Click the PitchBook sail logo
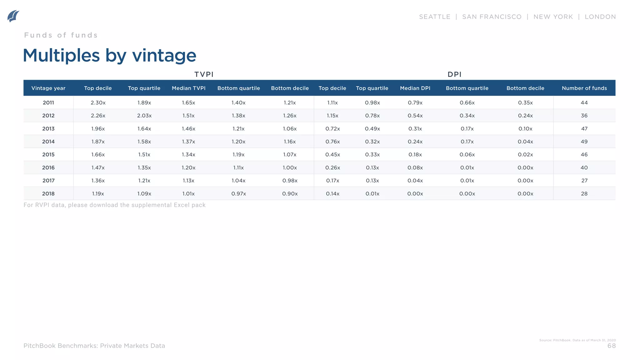coord(13,16)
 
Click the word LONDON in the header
coord(600,17)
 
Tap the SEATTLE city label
coord(434,17)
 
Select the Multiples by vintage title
coord(110,56)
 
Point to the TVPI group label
coord(204,74)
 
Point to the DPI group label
coord(454,74)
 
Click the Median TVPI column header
coord(188,88)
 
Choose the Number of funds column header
coord(584,88)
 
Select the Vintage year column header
coord(48,88)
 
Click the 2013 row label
coord(48,129)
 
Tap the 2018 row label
coord(48,194)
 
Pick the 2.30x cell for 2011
coord(98,103)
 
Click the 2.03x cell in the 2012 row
coord(144,116)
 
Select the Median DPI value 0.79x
coord(415,103)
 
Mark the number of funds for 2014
coord(584,142)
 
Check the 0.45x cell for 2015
coord(332,155)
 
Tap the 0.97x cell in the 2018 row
coord(238,194)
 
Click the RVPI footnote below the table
coord(114,205)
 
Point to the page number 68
coord(611,346)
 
